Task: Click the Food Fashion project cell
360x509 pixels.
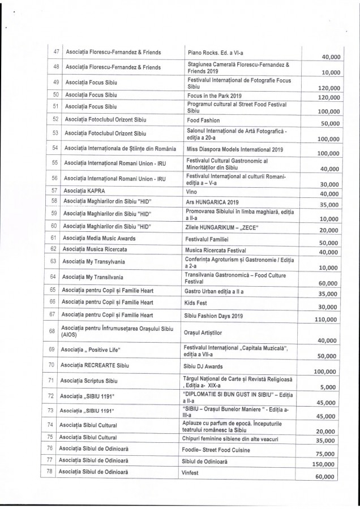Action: [204, 120]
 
